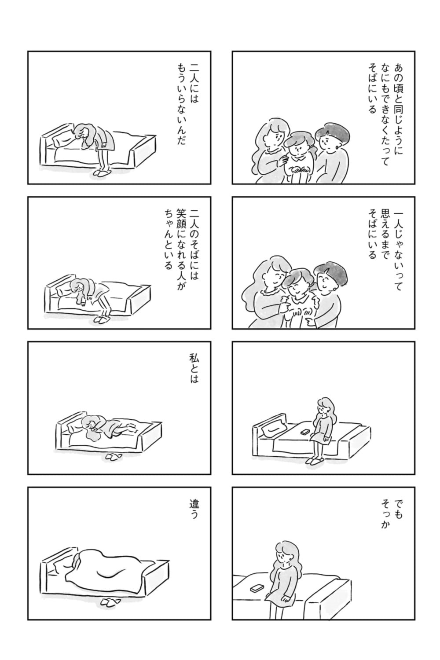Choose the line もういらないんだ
tap(180, 105)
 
